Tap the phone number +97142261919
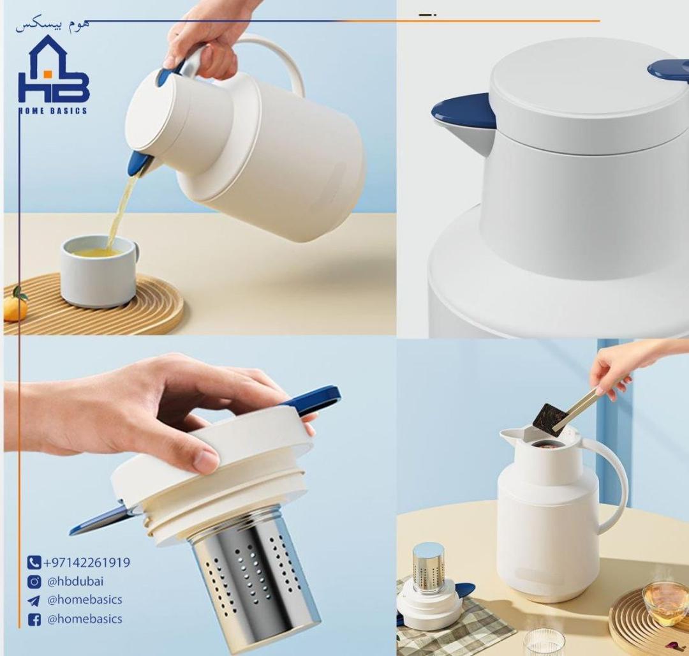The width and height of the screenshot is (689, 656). point(87,562)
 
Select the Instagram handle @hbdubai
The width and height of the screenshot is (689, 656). point(75,581)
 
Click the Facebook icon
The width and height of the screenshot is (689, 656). point(34,620)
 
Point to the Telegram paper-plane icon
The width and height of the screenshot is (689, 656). point(33,600)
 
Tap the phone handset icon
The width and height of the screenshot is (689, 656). point(34,562)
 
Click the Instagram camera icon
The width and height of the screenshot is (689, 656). point(34,582)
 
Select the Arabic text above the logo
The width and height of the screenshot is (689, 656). point(52,25)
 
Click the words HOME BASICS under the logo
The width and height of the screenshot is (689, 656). point(53,110)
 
